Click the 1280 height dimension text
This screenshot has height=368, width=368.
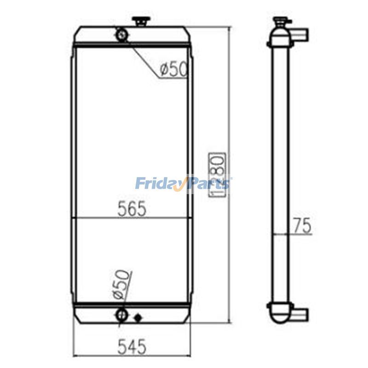click(217, 174)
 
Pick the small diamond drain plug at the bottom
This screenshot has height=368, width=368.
click(137, 317)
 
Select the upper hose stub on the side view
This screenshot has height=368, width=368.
click(301, 35)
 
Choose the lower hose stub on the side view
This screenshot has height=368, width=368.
click(301, 315)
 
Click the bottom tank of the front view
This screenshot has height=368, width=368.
click(92, 316)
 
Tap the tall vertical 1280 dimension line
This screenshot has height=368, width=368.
click(229, 115)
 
